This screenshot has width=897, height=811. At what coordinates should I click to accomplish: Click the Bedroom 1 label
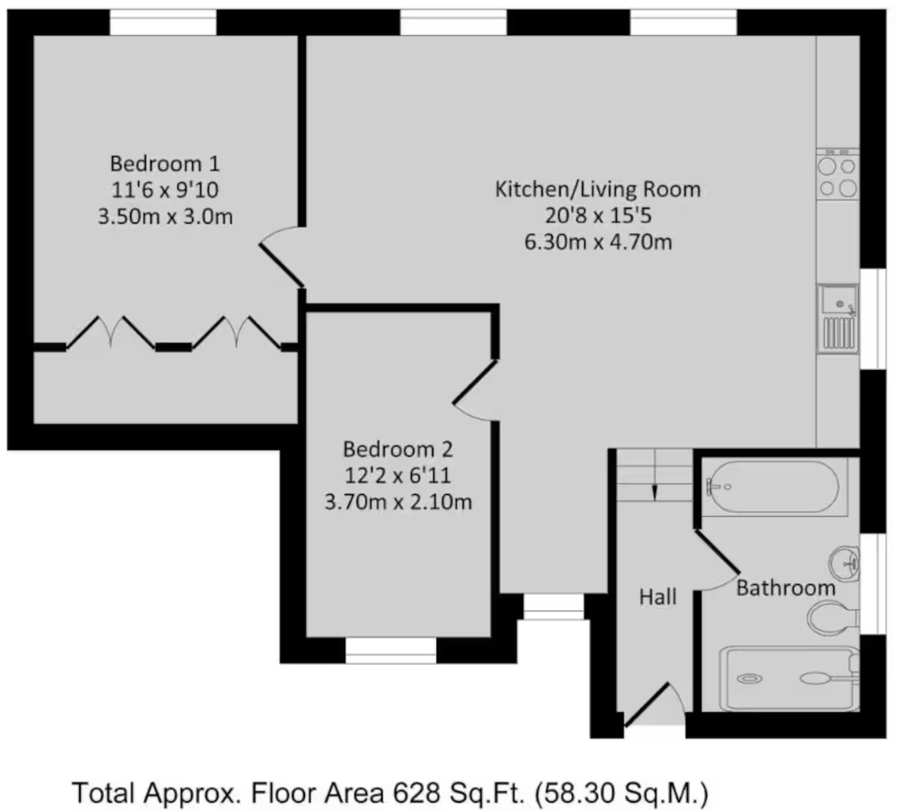click(165, 163)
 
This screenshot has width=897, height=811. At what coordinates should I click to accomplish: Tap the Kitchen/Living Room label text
click(597, 189)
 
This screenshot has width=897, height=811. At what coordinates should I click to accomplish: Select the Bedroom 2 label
click(398, 449)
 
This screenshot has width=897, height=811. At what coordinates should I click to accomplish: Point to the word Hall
click(658, 597)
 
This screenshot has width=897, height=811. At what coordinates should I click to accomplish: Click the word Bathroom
click(785, 588)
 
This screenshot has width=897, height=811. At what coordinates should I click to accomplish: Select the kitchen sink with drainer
click(838, 318)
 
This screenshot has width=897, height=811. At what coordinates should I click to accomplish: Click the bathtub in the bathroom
click(773, 486)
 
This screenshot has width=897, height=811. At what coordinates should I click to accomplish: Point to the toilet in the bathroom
click(833, 618)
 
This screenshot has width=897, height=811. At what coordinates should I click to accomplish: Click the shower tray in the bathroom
click(790, 678)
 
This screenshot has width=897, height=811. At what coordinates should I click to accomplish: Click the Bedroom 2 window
click(391, 651)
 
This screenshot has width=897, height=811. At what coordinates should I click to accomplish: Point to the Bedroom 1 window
click(163, 23)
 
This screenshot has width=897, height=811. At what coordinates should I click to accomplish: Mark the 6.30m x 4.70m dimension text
click(597, 242)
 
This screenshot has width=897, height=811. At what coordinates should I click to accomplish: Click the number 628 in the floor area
click(417, 792)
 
